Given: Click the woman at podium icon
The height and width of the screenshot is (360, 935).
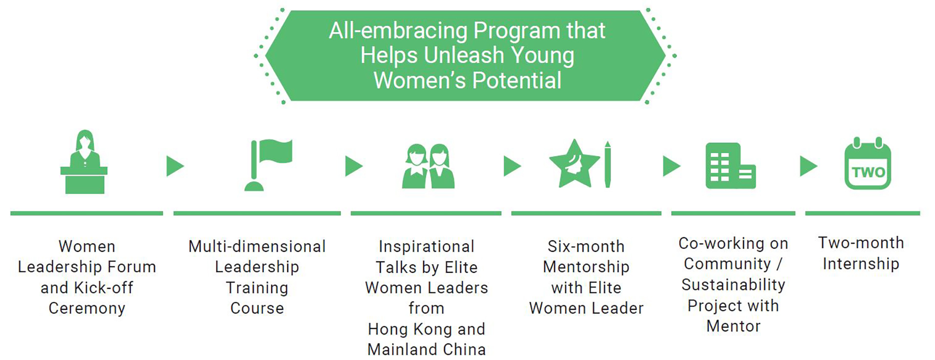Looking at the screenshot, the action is pyautogui.click(x=84, y=162).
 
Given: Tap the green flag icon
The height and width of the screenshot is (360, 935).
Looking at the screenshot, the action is pyautogui.click(x=268, y=165).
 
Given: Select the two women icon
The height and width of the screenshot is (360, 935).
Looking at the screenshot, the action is pyautogui.click(x=428, y=166).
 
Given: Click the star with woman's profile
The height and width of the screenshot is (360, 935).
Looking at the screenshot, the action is pyautogui.click(x=574, y=164).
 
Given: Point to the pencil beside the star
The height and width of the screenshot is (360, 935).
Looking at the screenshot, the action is pyautogui.click(x=608, y=164).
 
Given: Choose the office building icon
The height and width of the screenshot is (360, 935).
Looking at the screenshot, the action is pyautogui.click(x=730, y=166).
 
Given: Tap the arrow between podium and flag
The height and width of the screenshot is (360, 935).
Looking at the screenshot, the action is pyautogui.click(x=175, y=166).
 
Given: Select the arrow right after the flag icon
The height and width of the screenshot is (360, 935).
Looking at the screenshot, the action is pyautogui.click(x=354, y=166).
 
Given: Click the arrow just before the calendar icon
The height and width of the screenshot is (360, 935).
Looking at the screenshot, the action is pyautogui.click(x=808, y=166).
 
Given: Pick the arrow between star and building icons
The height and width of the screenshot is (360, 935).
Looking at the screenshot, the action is pyautogui.click(x=672, y=166).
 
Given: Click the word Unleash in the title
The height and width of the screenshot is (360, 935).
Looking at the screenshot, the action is pyautogui.click(x=464, y=55).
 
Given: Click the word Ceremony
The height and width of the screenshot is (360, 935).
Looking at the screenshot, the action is pyautogui.click(x=87, y=309).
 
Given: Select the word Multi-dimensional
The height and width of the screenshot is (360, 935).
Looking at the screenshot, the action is pyautogui.click(x=257, y=246).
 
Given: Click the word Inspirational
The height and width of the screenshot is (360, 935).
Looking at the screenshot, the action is pyautogui.click(x=427, y=246).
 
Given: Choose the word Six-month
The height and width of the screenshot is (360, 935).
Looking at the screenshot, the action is pyautogui.click(x=586, y=246).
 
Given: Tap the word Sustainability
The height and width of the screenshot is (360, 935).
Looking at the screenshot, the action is pyautogui.click(x=733, y=285).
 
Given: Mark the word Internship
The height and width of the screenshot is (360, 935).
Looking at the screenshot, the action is pyautogui.click(x=861, y=264).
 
